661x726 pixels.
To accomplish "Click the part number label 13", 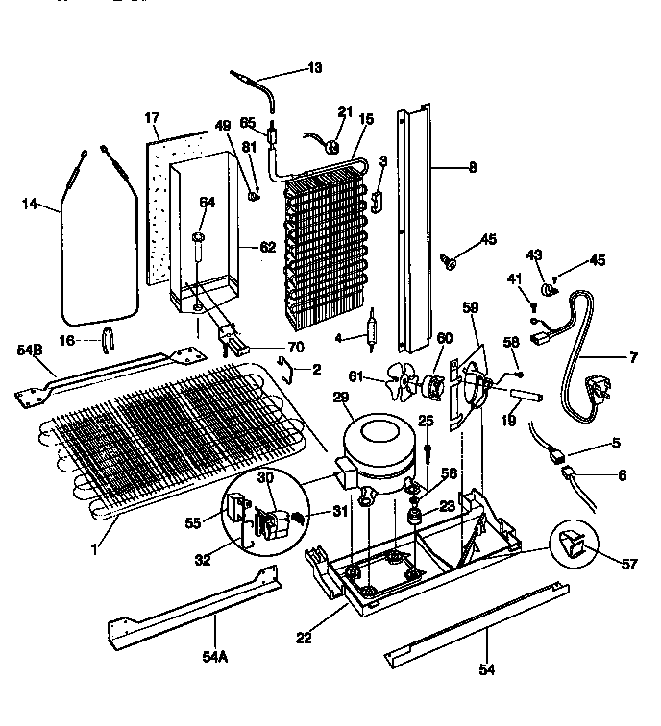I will tap(315, 68).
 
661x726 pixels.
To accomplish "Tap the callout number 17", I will tap(152, 118).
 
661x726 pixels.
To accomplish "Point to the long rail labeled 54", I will tap(471, 625).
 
